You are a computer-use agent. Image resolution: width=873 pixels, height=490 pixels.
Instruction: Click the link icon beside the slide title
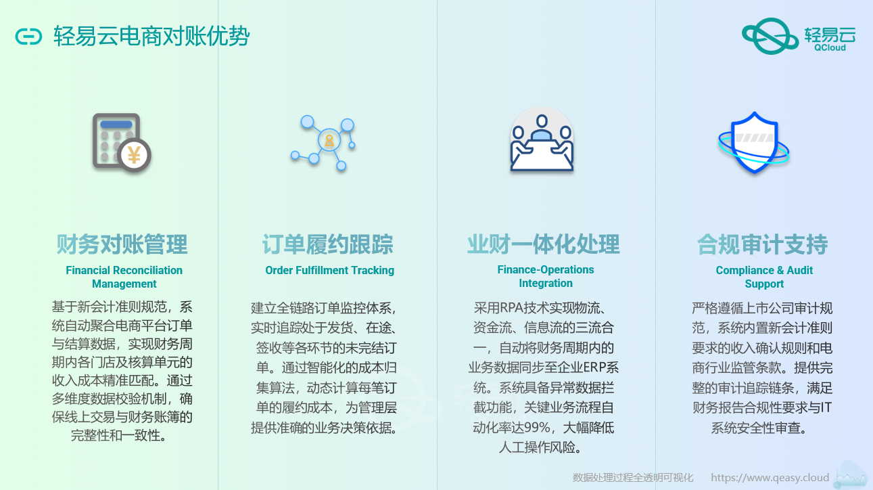(28, 37)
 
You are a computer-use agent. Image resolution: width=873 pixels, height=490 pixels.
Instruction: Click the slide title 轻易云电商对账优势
(151, 37)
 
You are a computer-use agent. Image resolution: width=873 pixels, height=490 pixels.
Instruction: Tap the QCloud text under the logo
(830, 47)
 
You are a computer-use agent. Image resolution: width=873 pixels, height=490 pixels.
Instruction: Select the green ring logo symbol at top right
(770, 36)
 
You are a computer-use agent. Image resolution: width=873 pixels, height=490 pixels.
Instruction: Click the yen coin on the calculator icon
(134, 155)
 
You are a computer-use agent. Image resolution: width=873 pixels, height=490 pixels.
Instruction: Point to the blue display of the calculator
(116, 125)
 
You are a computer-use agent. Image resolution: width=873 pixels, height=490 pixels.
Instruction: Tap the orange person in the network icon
(329, 141)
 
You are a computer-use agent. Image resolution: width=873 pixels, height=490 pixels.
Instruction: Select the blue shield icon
(754, 142)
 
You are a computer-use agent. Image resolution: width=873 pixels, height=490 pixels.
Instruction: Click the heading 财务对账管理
(122, 244)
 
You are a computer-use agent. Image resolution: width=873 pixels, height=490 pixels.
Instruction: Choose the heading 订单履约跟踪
(328, 244)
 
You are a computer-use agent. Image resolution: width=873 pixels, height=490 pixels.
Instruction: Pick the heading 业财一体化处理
(543, 244)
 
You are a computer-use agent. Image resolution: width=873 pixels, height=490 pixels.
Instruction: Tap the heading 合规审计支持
(762, 244)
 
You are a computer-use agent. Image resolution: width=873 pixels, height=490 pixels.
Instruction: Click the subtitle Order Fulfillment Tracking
(330, 270)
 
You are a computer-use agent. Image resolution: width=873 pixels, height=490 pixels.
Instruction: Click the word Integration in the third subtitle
(546, 283)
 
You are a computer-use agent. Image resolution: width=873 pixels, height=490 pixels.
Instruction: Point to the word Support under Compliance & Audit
(764, 284)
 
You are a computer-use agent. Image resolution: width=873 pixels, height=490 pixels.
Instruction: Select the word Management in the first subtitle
(124, 284)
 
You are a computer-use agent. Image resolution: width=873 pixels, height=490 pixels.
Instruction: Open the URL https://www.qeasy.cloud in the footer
(770, 478)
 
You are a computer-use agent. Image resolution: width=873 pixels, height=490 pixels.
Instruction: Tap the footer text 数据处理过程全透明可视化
(633, 478)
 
